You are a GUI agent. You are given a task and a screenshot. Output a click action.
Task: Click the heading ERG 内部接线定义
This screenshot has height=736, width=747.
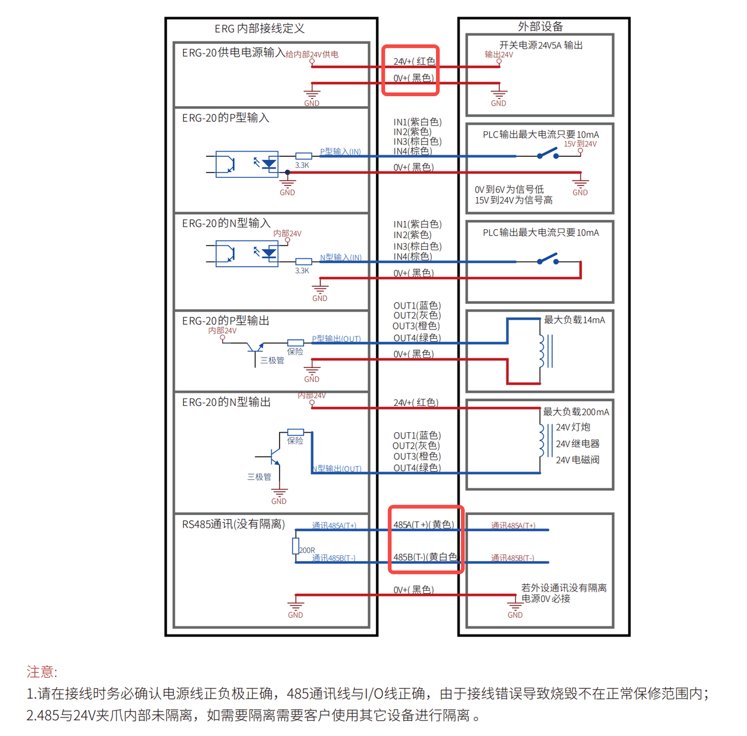tap(259, 29)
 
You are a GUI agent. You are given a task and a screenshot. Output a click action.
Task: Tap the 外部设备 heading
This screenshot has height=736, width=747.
tap(540, 26)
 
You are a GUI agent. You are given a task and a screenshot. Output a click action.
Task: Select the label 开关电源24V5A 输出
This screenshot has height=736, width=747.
tap(540, 45)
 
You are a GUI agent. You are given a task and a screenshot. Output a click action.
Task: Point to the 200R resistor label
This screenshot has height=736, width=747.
tap(307, 550)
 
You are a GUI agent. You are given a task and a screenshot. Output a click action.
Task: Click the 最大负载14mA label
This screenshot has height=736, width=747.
tap(574, 320)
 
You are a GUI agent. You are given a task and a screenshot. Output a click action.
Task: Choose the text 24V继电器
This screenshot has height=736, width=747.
tap(577, 444)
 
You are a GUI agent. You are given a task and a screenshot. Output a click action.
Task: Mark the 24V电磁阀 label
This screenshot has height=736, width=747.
tap(577, 460)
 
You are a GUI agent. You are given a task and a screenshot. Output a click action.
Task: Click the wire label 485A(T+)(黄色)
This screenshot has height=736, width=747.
tap(423, 525)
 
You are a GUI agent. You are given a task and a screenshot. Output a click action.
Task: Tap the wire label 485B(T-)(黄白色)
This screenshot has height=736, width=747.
tap(425, 557)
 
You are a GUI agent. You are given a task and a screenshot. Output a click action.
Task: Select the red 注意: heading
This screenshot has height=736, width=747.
tap(42, 672)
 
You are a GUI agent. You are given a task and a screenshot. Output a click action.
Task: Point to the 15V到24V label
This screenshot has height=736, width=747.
tap(580, 144)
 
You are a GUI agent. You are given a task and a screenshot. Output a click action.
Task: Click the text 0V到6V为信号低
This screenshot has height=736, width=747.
tap(509, 190)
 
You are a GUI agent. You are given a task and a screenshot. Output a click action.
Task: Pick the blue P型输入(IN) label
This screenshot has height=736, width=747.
tap(340, 152)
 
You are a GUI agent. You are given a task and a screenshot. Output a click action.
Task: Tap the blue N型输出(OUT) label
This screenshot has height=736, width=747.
tap(337, 469)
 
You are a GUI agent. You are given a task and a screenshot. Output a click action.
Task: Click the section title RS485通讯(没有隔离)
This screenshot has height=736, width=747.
tap(233, 524)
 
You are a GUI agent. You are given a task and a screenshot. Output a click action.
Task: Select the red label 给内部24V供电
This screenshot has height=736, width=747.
tap(312, 54)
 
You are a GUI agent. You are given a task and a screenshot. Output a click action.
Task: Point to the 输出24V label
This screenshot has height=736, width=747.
tap(499, 55)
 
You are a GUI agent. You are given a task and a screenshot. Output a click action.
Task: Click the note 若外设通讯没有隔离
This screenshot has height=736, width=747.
tap(564, 588)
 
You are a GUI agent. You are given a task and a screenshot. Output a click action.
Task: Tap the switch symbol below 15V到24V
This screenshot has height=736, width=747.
tap(547, 154)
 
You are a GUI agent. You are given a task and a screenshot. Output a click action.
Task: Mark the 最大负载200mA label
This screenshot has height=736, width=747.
tap(576, 412)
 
